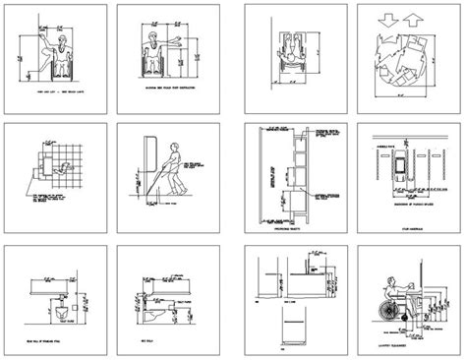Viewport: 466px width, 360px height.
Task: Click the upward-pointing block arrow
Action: point(414,20)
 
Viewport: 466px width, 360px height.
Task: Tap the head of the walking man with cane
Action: point(176,150)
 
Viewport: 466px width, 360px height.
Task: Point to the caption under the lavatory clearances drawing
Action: point(393,344)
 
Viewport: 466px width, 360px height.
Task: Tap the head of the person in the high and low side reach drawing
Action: point(59,42)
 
